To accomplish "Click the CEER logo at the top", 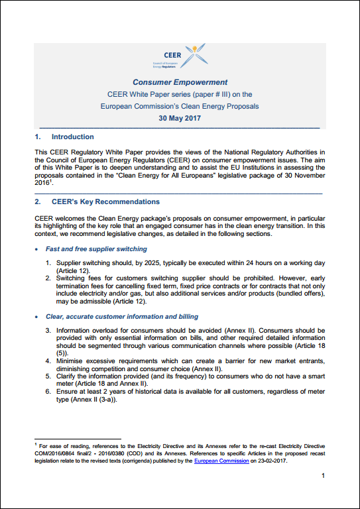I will tap(180, 58).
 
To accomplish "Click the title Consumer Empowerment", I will tap(180, 83).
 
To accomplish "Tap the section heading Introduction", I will tap(72, 137).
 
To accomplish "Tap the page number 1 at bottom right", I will tap(322, 477).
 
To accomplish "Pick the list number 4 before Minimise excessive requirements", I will tap(49, 361).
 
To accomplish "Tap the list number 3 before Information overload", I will tap(49, 331).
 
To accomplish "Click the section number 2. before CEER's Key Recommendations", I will tap(38, 201).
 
